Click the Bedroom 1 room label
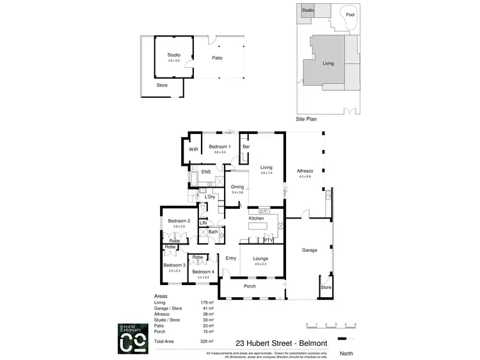pos(220,147)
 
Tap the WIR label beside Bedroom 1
pos(193,150)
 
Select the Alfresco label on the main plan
pos(305,171)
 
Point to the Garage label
pos(310,250)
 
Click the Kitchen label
pos(257,218)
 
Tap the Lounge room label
pos(260,258)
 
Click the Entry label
pos(231,258)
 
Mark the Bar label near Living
pos(246,147)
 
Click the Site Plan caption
pos(307,119)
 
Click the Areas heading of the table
pos(162,297)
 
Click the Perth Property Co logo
pos(133,338)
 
